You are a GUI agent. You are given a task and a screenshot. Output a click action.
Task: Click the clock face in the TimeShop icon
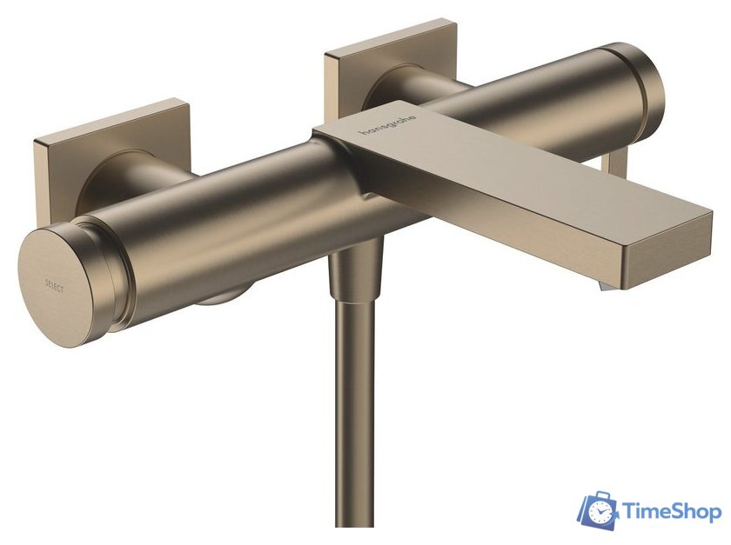[x=600, y=513]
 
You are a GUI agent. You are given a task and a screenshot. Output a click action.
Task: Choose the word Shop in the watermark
[x=695, y=511]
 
